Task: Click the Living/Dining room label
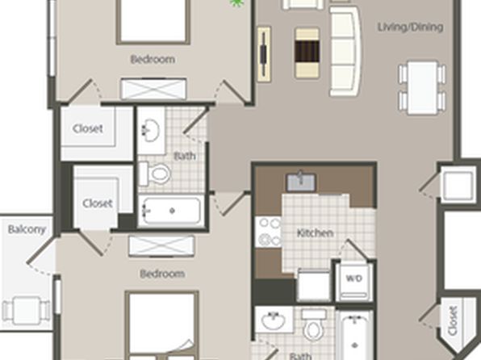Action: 410,27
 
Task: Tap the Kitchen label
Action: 315,233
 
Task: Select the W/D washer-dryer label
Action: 354,278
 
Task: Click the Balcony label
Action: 27,229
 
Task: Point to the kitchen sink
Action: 301,182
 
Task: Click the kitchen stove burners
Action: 269,232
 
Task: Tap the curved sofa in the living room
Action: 345,51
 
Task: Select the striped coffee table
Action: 307,52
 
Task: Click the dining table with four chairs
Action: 422,88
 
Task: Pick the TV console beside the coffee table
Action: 264,54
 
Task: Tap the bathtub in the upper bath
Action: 170,211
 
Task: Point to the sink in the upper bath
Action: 151,130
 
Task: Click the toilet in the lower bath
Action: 313,325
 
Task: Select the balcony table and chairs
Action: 26,310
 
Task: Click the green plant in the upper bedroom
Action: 236,3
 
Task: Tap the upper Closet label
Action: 88,128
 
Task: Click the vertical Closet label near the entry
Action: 453,320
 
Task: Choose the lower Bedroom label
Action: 162,274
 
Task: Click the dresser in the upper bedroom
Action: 153,89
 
